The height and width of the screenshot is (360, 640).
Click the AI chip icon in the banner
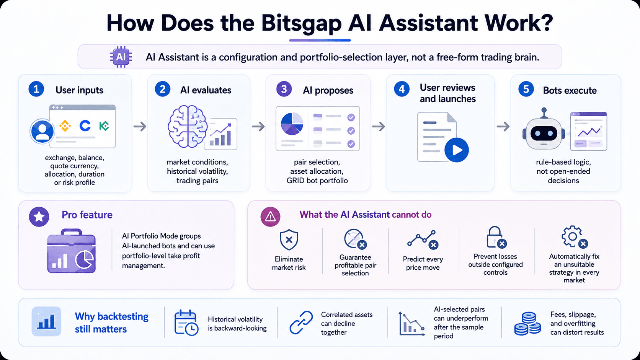(x=121, y=57)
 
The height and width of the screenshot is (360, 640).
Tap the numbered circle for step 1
(x=36, y=89)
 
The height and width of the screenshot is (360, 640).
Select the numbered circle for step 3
(x=284, y=89)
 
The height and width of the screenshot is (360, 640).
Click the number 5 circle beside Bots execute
(x=526, y=89)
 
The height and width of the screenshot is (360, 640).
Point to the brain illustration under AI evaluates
(x=188, y=126)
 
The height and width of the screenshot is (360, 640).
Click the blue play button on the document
(x=456, y=150)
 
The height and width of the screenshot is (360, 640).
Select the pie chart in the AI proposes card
(x=292, y=124)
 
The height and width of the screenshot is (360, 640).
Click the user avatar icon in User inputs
(x=42, y=132)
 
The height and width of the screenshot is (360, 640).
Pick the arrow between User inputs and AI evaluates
(x=140, y=127)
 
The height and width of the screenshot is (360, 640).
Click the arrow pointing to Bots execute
(x=503, y=127)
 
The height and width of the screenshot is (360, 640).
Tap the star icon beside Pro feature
(x=39, y=217)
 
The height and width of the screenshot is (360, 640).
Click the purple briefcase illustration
(x=72, y=251)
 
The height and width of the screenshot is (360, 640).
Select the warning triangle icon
(x=270, y=217)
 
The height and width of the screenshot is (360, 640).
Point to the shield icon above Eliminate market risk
(x=289, y=239)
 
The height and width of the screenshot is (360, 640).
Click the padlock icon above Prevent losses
(x=496, y=237)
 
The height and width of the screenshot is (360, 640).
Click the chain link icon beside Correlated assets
(x=301, y=322)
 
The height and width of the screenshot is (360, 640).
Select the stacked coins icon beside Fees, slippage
(x=527, y=323)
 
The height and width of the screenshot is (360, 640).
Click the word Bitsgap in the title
(x=301, y=23)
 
